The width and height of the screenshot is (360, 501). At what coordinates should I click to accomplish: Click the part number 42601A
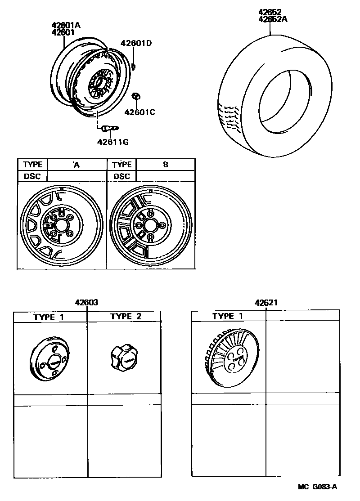[x=66, y=25]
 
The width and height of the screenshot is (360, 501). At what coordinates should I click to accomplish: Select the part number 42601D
[x=136, y=43]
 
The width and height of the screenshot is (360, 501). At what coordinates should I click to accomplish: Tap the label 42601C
[x=139, y=112]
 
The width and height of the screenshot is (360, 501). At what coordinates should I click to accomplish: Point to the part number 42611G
[x=113, y=142]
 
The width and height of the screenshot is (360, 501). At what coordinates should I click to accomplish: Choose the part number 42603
[x=87, y=303]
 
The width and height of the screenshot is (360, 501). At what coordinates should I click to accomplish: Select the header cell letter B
[x=165, y=165]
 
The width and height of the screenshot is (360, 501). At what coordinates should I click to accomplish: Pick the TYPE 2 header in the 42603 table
[x=126, y=317]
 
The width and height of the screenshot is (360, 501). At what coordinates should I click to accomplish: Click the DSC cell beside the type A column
[x=32, y=176]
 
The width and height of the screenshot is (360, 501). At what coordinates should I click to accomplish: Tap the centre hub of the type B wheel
[x=151, y=227]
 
